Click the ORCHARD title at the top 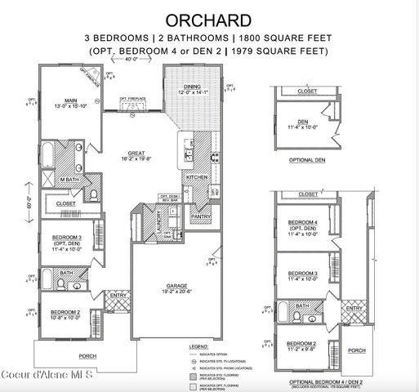click(209, 18)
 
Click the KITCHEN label click(196, 176)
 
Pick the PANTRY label click(200, 216)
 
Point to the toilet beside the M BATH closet click(93, 194)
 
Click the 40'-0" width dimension click(131, 59)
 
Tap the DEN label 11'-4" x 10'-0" click(304, 124)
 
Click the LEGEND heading click(199, 347)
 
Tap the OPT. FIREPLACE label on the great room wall click(132, 99)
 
